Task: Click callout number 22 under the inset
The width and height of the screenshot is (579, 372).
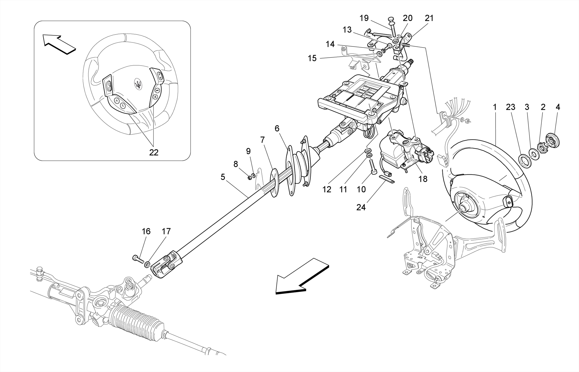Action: pos(154,152)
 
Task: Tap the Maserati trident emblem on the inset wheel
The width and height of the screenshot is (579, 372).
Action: pos(139,83)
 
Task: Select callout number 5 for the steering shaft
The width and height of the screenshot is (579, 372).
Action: pos(223,177)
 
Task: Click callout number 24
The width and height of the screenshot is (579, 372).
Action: pos(361,207)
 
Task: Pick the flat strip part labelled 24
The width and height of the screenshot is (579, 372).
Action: pos(386,179)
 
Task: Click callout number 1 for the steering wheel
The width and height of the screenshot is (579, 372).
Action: pos(494,107)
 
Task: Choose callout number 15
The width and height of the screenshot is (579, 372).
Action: pos(312,58)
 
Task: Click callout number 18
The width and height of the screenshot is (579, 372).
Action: pos(423,179)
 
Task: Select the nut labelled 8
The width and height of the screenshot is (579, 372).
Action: pos(250,178)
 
